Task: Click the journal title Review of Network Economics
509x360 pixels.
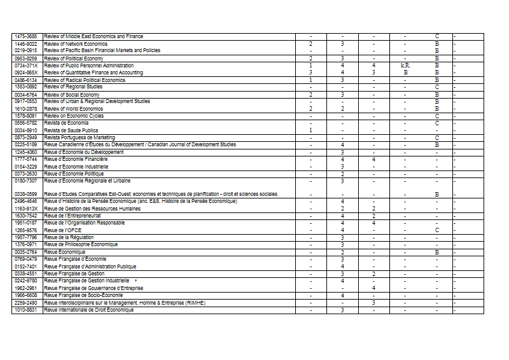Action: (76, 44)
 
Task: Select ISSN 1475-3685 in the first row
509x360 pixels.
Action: (26, 36)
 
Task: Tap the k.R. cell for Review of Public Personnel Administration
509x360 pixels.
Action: (405, 66)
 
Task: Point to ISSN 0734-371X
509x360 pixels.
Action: (26, 66)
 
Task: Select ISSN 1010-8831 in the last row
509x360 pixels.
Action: (26, 310)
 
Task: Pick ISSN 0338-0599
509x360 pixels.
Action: (26, 194)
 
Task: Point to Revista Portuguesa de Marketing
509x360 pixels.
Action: (80, 137)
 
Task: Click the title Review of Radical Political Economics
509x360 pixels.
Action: (85, 80)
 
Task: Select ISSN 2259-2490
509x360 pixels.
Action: (26, 303)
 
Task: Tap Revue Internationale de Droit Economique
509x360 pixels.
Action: (89, 310)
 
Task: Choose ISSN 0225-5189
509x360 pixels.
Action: (26, 144)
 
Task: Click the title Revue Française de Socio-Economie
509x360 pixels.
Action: (81, 295)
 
